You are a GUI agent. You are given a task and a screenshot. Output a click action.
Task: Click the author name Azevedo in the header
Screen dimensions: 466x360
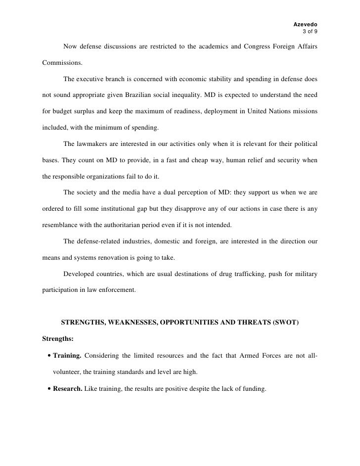(x=306, y=24)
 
